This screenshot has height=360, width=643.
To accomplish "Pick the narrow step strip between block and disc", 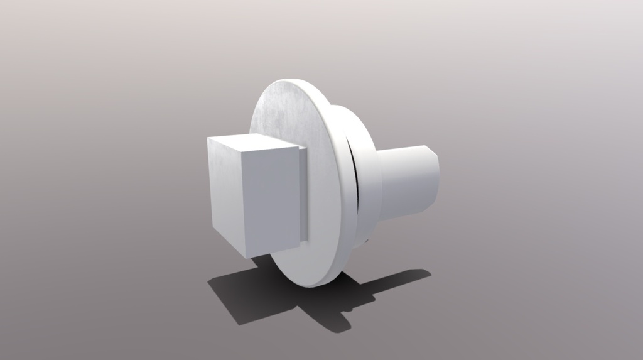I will coord(303,195).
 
